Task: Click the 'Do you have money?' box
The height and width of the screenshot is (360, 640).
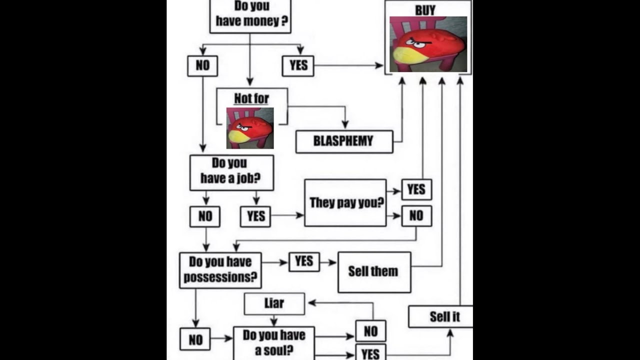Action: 250,15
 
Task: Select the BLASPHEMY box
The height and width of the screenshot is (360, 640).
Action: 344,141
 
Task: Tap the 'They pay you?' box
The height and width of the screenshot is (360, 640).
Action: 345,202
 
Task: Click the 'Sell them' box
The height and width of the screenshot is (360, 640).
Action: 374,271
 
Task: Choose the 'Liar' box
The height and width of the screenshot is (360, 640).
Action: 274,303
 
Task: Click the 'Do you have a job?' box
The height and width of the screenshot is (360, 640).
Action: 231,172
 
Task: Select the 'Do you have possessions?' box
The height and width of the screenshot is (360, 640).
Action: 220,270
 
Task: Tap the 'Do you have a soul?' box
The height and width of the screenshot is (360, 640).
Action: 273,343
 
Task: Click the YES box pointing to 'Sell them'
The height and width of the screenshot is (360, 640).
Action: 304,261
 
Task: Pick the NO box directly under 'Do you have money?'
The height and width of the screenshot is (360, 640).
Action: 202,65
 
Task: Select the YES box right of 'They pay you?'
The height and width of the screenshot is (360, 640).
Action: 416,190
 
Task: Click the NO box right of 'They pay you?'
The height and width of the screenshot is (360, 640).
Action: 416,216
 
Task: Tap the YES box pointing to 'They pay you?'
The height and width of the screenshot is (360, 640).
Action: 255,216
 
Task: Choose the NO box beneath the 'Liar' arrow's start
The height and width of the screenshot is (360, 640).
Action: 370,331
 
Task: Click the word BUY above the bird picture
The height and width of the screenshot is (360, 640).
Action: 425,10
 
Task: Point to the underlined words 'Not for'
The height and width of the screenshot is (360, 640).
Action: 251,98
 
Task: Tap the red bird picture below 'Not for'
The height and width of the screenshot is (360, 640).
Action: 250,128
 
